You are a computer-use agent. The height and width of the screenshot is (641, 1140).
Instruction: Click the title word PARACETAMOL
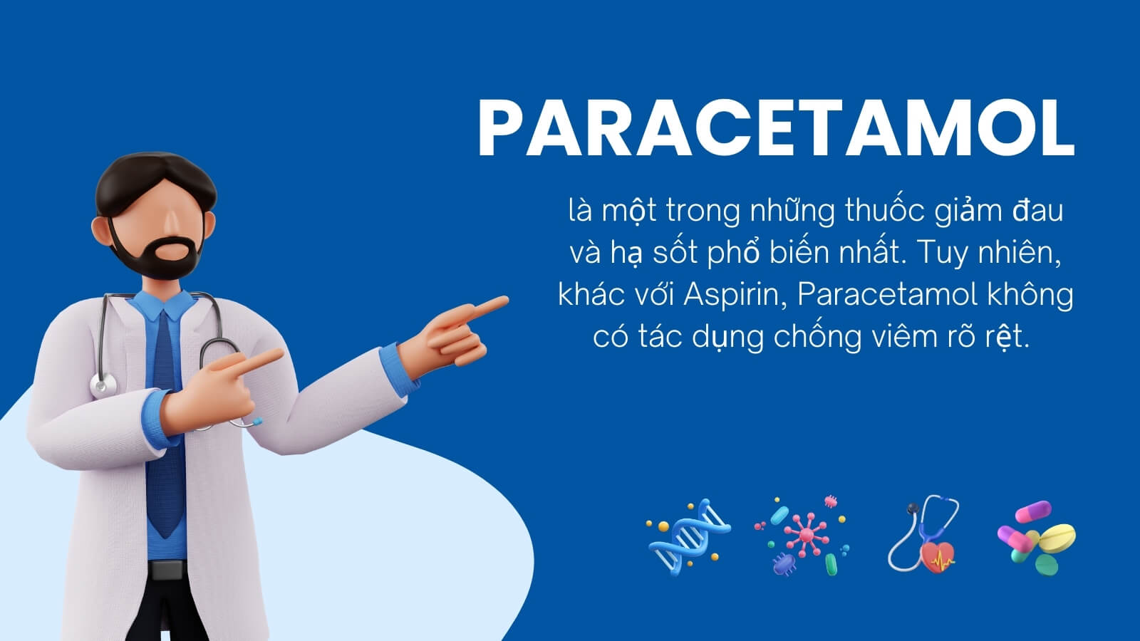[777, 127]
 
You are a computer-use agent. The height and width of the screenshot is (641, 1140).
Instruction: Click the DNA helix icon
[688, 537]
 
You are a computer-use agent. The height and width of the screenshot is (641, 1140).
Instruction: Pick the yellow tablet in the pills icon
[1057, 538]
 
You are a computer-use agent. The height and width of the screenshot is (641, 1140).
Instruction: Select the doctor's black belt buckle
[167, 570]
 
